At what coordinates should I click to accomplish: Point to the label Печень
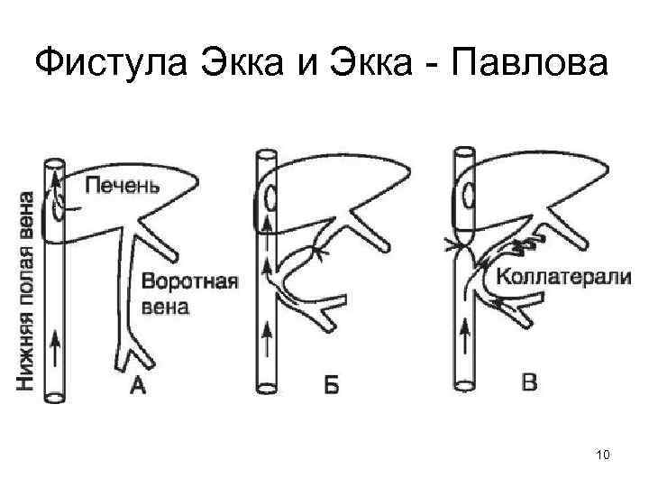tap(123, 187)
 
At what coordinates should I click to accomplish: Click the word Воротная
tap(189, 281)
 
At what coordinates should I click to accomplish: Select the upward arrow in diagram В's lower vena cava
tap(464, 339)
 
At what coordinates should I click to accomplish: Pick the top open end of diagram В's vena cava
tap(463, 155)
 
